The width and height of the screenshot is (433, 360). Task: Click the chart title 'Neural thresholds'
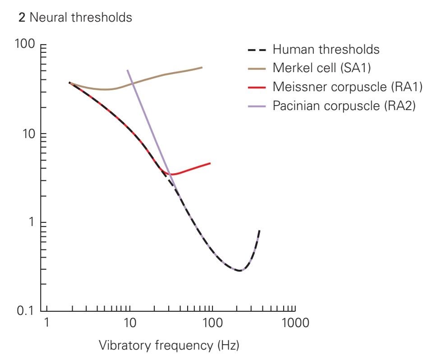tap(75, 18)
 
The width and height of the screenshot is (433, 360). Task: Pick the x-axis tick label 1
tap(46, 323)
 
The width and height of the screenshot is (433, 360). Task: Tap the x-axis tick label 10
tap(129, 323)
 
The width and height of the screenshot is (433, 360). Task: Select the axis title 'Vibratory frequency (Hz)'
tap(169, 346)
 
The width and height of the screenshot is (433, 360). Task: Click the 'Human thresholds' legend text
tap(326, 49)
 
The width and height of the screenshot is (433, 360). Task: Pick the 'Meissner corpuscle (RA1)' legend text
tap(347, 87)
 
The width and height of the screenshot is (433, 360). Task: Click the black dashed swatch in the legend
tap(257, 49)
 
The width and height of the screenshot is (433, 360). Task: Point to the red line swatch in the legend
tap(257, 88)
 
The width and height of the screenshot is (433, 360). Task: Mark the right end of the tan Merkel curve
tap(202, 67)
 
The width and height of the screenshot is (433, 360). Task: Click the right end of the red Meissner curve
tap(210, 163)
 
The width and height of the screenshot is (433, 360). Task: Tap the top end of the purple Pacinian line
tap(128, 70)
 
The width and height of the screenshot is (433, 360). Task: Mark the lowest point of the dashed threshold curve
tap(240, 271)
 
